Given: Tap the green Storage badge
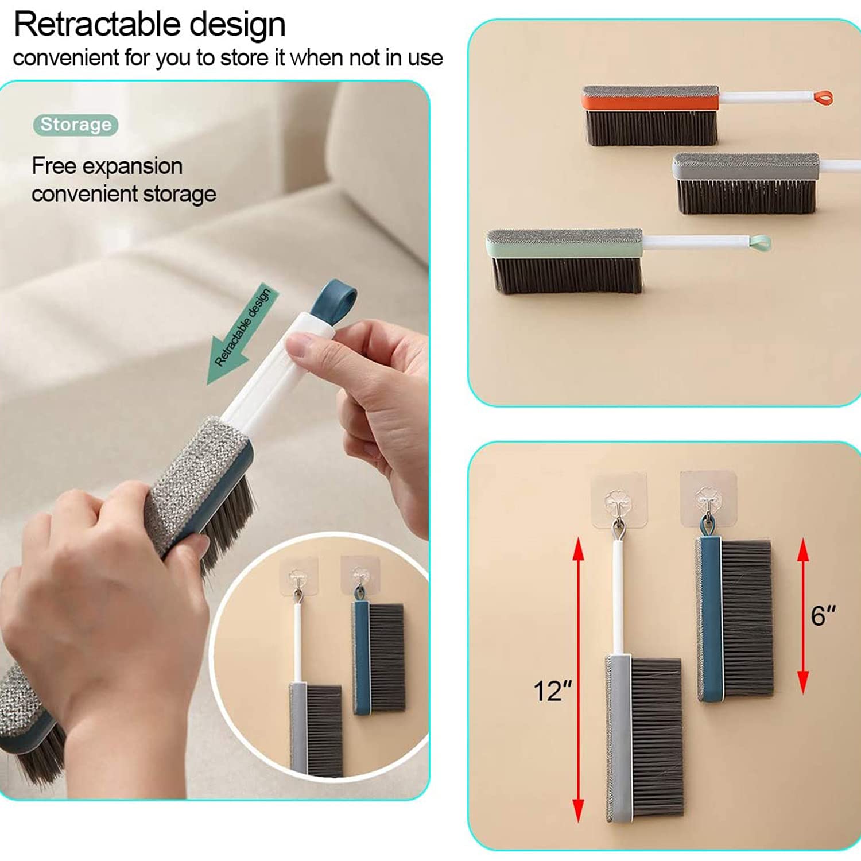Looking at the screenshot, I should point(76,125).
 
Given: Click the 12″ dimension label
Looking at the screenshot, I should point(552,691).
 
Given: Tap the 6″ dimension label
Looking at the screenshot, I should point(823,616).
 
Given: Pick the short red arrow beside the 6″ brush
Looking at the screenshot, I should point(803,616).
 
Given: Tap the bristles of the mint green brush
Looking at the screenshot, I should point(567,276).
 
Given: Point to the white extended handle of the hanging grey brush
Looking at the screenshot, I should point(618,597).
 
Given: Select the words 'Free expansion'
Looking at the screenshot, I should point(107,166).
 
